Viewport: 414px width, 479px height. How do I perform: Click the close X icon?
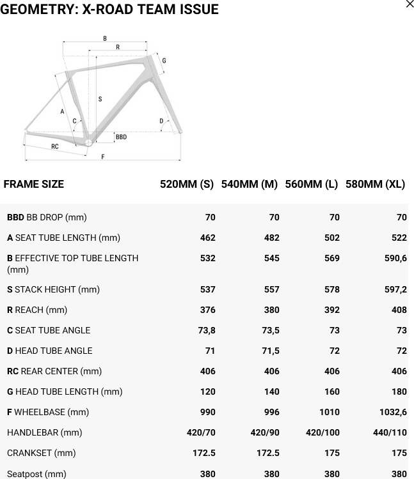coord(410,4)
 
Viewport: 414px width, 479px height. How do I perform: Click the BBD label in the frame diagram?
coord(121,137)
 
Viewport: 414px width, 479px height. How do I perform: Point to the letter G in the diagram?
coord(164,61)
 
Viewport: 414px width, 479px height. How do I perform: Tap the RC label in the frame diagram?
coord(55,147)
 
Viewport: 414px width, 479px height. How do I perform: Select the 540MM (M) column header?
coord(249,184)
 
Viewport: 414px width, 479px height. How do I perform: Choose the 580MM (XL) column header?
coord(375,184)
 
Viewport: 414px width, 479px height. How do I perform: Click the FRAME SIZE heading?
coord(34,184)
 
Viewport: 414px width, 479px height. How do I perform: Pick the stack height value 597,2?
coord(395,289)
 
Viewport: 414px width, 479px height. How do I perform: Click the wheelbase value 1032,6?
coord(393,412)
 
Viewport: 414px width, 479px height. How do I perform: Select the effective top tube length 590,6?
coord(395,258)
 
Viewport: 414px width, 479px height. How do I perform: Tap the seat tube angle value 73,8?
coord(207,330)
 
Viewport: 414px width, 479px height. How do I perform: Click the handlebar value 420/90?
coord(265,432)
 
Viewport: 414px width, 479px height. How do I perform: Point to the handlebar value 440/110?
coord(390,432)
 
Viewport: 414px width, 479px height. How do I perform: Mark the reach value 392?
coord(331,310)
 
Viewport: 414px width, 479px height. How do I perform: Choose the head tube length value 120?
coord(207,392)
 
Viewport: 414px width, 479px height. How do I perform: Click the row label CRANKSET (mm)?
coord(42,453)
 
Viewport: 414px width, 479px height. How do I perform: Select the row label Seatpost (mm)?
coord(36,474)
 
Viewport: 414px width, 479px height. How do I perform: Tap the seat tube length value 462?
coord(207,238)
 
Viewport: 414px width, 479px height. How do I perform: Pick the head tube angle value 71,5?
coord(271,351)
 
